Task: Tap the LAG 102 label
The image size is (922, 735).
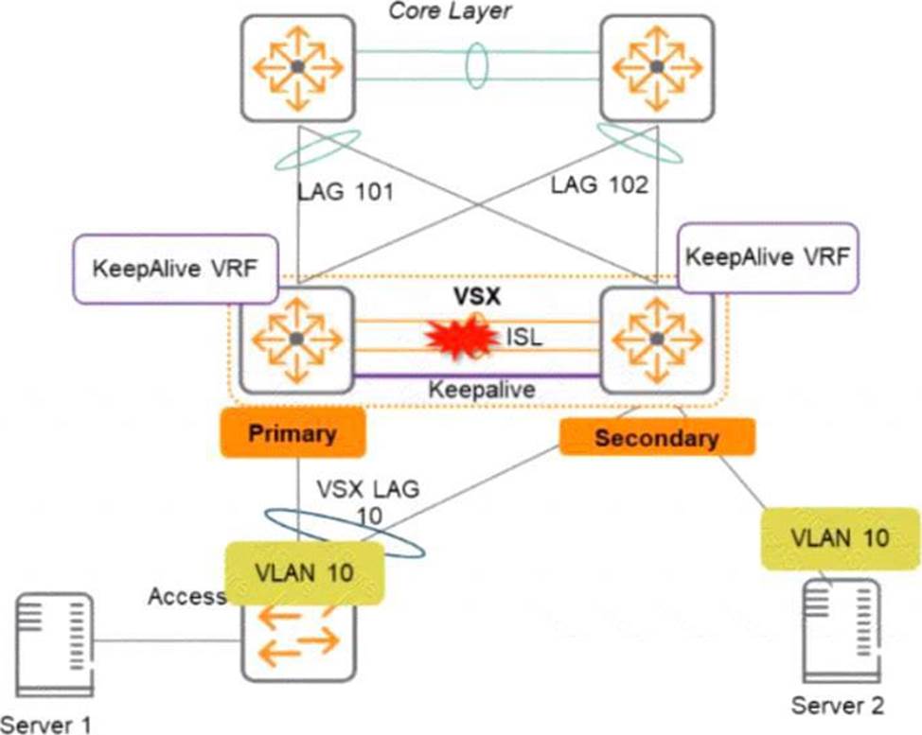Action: click(599, 185)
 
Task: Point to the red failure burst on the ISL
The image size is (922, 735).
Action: click(461, 336)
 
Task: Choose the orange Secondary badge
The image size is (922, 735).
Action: click(657, 438)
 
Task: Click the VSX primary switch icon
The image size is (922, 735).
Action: click(296, 338)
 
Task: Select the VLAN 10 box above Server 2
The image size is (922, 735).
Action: click(840, 538)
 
